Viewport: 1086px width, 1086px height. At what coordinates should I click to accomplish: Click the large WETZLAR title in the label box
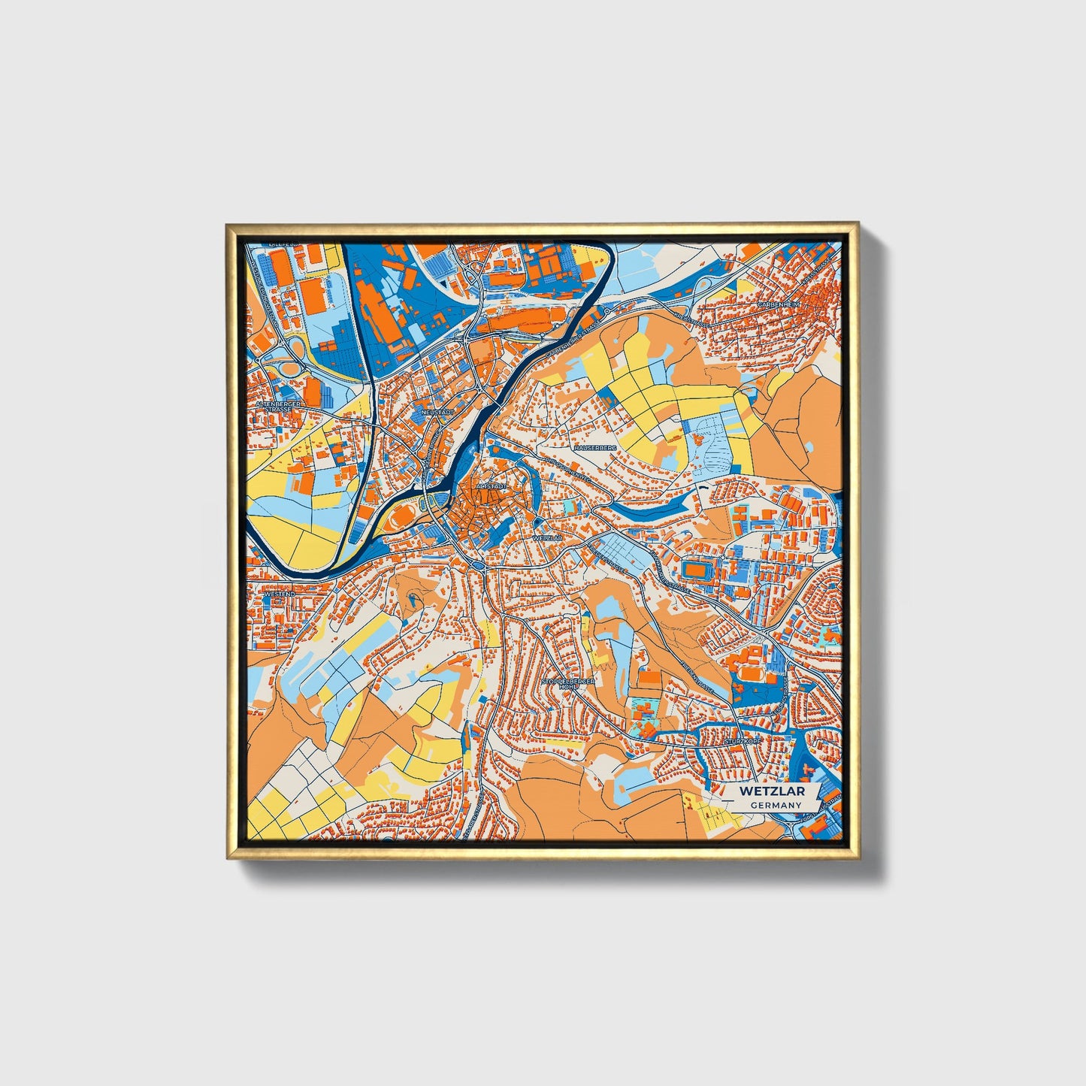(772, 791)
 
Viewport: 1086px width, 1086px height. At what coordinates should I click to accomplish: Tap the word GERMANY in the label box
(776, 805)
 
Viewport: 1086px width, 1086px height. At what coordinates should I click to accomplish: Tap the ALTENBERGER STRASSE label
(278, 407)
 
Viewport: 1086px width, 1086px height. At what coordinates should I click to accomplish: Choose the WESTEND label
(279, 594)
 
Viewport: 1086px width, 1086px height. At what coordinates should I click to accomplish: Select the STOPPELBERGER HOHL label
(568, 684)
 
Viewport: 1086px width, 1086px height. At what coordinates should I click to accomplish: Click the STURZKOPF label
(743, 741)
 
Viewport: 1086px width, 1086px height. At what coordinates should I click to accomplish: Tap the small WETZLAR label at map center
(547, 539)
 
